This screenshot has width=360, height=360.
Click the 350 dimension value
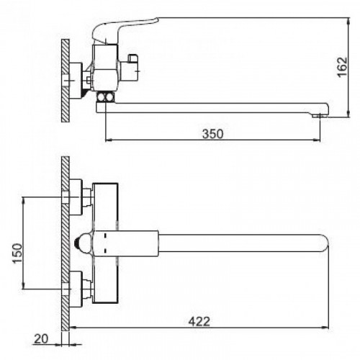[x=212, y=134]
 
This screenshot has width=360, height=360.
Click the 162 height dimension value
[x=342, y=67]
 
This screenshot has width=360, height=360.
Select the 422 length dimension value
[x=199, y=321]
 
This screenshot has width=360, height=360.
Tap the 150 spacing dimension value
[x=17, y=253]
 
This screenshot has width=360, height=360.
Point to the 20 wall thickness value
[x=41, y=339]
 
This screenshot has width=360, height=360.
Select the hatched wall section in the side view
[x=65, y=81]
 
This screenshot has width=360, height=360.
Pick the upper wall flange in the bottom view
[x=76, y=197]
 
